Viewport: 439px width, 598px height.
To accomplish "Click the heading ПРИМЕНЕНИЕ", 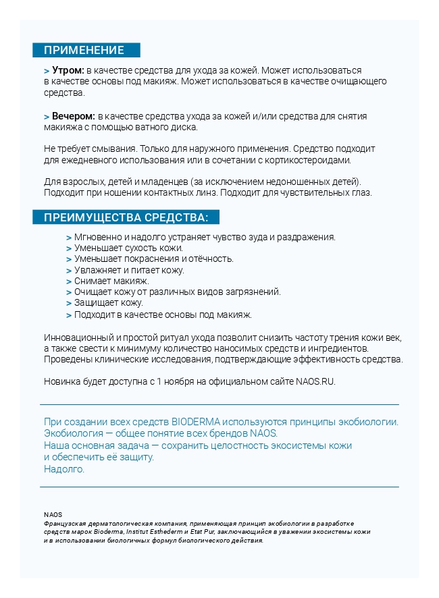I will point(84,50).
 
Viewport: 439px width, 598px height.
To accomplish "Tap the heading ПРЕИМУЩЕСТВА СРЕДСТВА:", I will point(126,217).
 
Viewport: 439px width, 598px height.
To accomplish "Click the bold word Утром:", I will point(68,70).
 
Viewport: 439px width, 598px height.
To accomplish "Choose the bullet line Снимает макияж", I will point(111,281).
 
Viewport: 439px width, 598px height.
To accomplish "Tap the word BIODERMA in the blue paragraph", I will point(198,422).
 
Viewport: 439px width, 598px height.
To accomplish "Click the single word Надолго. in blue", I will point(64,469).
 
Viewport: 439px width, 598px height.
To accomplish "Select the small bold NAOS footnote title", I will point(53,514).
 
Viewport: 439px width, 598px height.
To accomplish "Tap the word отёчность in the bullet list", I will point(212,259).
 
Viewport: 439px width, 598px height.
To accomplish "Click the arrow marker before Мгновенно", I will point(69,237).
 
